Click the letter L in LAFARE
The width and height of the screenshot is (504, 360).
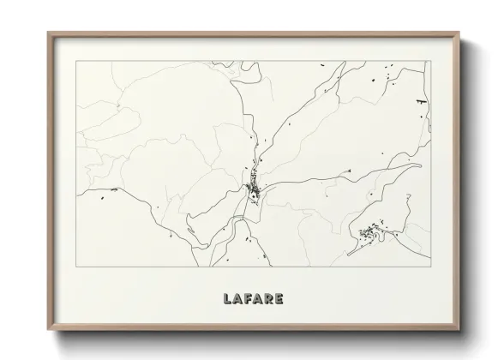pos(226,300)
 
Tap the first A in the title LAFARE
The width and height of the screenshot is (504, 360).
pos(237,300)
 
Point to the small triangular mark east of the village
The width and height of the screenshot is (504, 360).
pos(349,171)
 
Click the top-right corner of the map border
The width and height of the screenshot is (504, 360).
pos(429,61)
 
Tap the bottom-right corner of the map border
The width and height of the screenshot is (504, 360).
pos(429,267)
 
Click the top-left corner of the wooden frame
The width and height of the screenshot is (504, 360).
pos(47,33)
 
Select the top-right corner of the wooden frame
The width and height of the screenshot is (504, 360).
pos(459,33)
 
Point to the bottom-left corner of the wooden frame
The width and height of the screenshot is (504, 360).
pos(47,328)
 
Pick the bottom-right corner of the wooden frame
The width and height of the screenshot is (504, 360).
pos(459,328)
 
